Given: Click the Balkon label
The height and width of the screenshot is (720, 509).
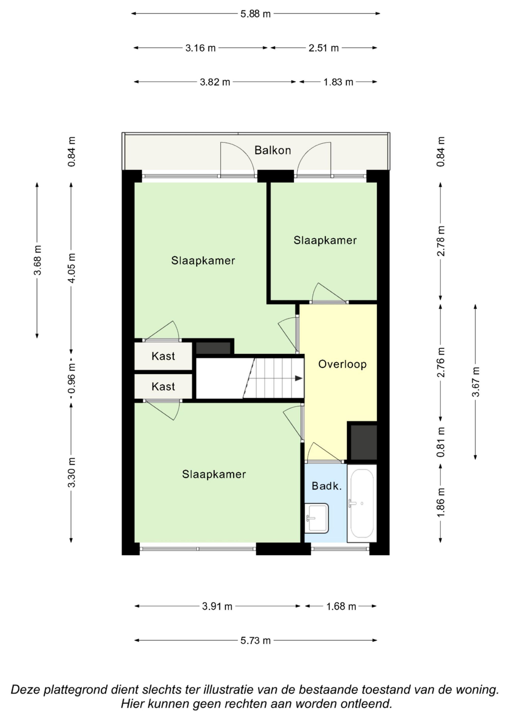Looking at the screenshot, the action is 273,150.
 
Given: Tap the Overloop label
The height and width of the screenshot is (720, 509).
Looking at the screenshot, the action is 342,364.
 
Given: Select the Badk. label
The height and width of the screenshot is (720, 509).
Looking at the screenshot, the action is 327,486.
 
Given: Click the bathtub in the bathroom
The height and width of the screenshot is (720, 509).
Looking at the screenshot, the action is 362,503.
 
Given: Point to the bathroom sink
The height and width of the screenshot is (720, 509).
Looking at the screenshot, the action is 317,518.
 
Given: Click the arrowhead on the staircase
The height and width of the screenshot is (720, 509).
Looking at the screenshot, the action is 299,378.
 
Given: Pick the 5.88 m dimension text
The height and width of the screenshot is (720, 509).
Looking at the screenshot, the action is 255,14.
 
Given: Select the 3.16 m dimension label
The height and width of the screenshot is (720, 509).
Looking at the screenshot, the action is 200,48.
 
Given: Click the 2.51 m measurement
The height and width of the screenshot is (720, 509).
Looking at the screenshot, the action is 324,48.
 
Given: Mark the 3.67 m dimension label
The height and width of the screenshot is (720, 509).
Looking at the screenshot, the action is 476,382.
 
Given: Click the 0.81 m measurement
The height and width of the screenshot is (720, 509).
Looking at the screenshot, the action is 441,442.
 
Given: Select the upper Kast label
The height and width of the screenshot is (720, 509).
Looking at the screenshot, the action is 163,356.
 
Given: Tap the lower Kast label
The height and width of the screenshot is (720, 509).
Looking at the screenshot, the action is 163,387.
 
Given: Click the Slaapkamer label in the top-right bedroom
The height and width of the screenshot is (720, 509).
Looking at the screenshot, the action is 325,240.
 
